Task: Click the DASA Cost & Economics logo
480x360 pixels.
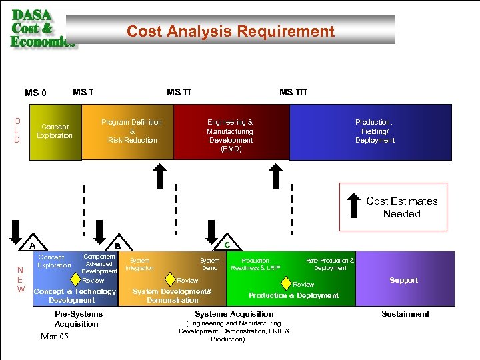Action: click(41, 28)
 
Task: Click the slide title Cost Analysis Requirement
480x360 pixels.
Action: click(231, 31)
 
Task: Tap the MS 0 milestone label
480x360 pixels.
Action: click(35, 93)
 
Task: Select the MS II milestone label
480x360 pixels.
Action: click(179, 92)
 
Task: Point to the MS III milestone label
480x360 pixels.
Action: click(293, 92)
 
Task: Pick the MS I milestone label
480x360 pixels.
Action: click(83, 92)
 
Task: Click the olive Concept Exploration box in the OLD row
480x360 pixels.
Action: click(55, 131)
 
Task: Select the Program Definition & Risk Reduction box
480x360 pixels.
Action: click(132, 131)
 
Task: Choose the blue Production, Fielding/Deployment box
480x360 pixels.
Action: click(375, 131)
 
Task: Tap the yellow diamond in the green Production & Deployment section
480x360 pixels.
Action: click(286, 283)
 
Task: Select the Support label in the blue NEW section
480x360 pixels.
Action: click(403, 280)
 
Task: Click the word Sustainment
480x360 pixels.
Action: click(405, 313)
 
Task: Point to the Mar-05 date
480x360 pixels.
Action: click(55, 337)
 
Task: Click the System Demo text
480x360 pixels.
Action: click(209, 264)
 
